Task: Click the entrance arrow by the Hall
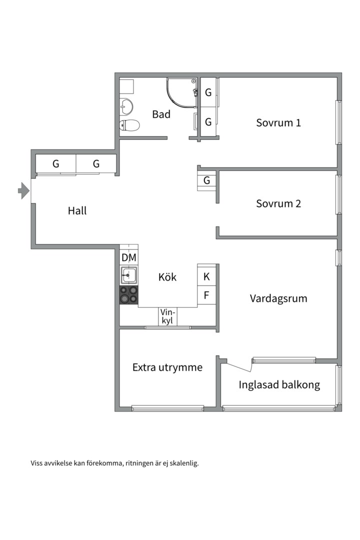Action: coord(23,190)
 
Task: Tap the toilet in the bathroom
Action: coord(129,125)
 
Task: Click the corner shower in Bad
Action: coord(181,92)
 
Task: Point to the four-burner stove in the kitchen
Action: coord(129,295)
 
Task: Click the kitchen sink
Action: coord(129,275)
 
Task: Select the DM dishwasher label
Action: coord(129,257)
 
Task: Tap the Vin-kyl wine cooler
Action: coord(168,316)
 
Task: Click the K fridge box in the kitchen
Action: coord(206,276)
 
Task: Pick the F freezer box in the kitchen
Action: coord(206,295)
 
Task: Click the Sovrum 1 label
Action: coord(278,122)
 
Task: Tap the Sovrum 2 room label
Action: coord(278,203)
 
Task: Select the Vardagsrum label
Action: coord(278,298)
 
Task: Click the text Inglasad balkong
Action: coord(279,384)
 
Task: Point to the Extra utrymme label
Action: coord(167,367)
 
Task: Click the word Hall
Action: coord(77,210)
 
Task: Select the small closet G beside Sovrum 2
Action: coord(206,180)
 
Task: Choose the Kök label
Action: coord(167,277)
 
